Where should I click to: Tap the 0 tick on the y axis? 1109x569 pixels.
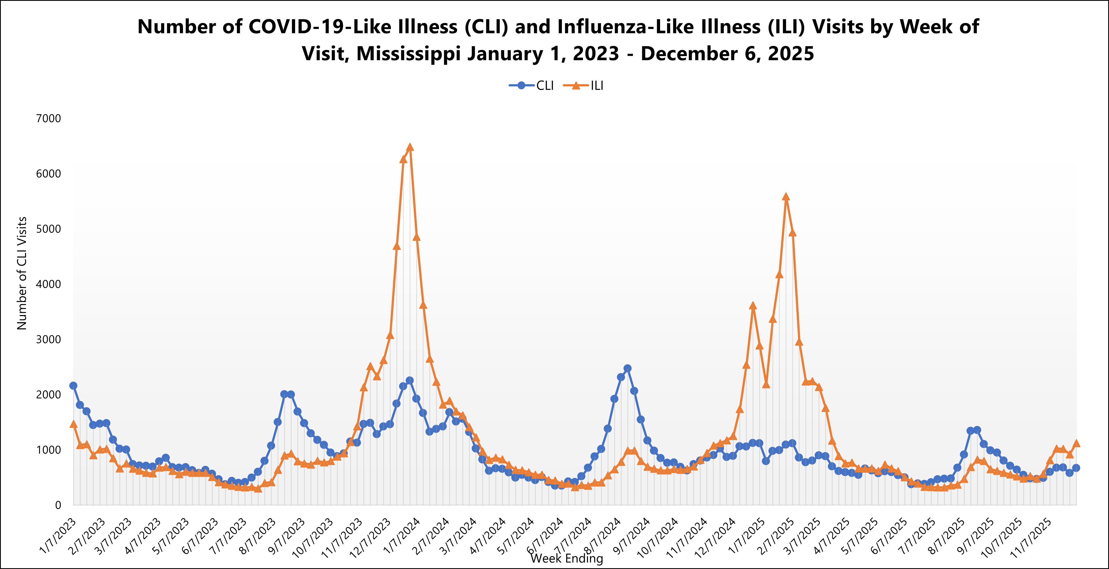click(58, 505)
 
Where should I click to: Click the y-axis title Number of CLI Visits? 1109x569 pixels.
click(22, 273)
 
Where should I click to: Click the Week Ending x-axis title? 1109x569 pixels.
click(567, 559)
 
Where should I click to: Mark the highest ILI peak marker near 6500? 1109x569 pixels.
click(410, 147)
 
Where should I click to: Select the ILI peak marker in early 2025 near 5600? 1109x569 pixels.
click(786, 197)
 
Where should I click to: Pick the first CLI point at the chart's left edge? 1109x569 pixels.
click(73, 385)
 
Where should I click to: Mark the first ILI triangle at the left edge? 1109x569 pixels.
click(73, 424)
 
